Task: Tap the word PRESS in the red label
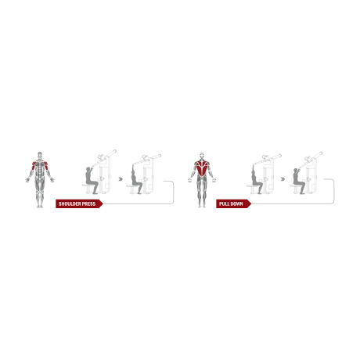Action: [88, 203]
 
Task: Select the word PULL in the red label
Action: [224, 203]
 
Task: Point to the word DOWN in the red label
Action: [236, 203]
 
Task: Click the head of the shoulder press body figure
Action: [38, 155]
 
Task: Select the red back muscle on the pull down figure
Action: [202, 168]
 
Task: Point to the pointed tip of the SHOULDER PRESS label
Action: [104, 204]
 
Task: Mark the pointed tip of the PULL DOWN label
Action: [251, 204]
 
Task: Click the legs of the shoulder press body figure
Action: [38, 200]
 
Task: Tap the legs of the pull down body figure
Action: [201, 200]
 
